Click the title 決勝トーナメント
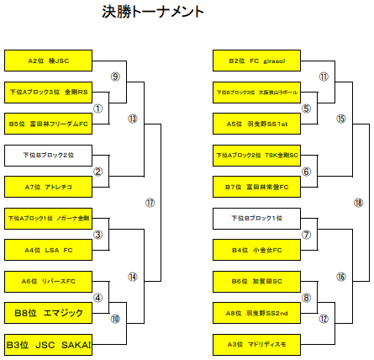click(153, 12)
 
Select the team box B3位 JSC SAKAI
click(47, 344)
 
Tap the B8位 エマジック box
click(47, 313)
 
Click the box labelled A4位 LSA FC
click(47, 250)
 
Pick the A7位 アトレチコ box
click(47, 187)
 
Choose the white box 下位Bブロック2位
click(47, 155)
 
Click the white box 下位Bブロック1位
click(255, 218)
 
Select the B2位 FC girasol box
click(255, 61)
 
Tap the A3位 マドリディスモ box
click(255, 344)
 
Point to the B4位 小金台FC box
click(255, 250)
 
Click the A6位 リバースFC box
click(47, 281)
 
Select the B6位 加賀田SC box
click(255, 281)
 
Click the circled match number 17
click(150, 203)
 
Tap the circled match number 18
click(358, 203)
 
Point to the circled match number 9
click(116, 77)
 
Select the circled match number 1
click(97, 109)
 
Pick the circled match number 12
click(324, 319)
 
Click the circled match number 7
click(307, 235)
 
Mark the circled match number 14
click(133, 277)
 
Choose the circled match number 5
click(307, 109)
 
